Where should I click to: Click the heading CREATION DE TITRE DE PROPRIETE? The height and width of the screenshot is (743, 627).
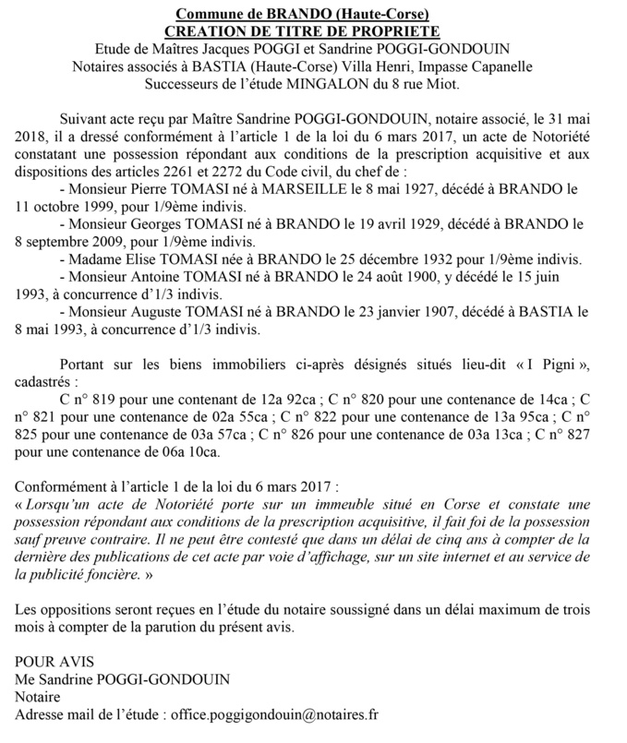click(x=313, y=30)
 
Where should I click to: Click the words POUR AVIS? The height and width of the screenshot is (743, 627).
click(x=54, y=661)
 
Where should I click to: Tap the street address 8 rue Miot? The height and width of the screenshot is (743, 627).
click(x=432, y=84)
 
